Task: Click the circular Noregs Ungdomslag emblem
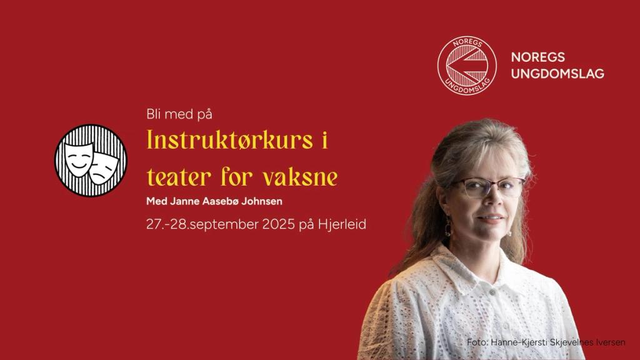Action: (467, 66)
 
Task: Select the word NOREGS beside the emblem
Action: (538, 57)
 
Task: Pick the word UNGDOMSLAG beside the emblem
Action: (557, 74)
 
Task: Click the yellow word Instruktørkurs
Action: (230, 139)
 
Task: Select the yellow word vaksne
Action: (300, 177)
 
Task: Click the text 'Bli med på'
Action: (179, 114)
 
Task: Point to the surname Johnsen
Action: (264, 201)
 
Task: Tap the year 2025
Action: (278, 224)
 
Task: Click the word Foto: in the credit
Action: (477, 342)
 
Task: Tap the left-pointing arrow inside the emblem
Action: (467, 65)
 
